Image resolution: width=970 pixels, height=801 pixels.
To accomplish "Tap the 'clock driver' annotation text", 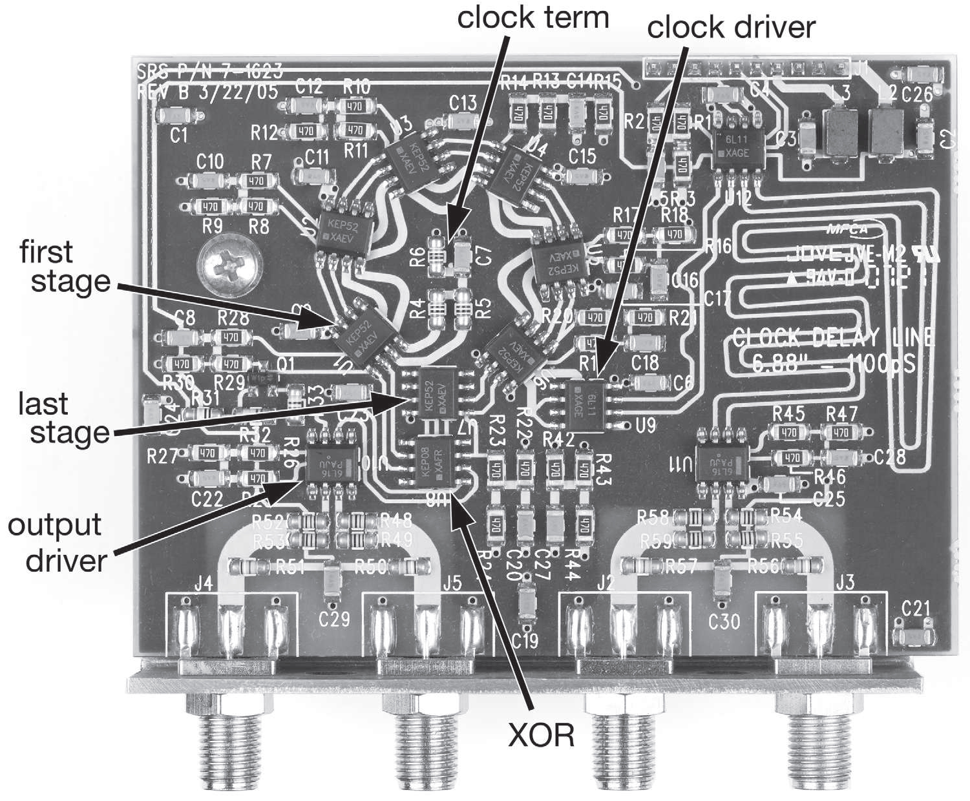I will (x=731, y=27).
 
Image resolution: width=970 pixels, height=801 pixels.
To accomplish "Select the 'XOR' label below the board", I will (x=541, y=735).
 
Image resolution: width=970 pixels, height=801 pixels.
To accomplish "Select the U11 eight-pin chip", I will (x=722, y=464).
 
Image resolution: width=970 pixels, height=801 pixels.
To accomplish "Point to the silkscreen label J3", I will (x=844, y=582).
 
